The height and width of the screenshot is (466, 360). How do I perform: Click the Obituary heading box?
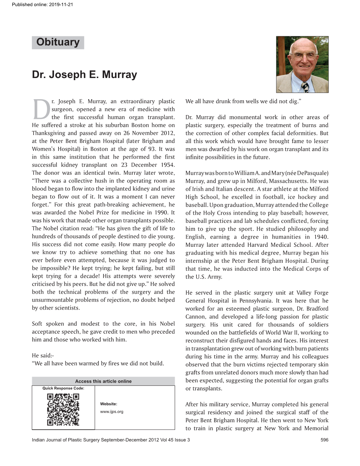pyautogui.click(x=58, y=42)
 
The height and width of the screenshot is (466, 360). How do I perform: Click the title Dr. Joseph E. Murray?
pyautogui.click(x=84, y=74)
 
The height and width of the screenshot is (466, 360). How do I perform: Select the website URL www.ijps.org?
pyautogui.click(x=112, y=412)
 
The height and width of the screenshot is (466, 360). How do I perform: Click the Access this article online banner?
pyautogui.click(x=103, y=381)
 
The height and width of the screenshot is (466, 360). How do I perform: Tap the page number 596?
pyautogui.click(x=324, y=440)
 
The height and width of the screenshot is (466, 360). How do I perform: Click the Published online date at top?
pyautogui.click(x=42, y=5)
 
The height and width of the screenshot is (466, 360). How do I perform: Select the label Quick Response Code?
pyautogui.click(x=63, y=388)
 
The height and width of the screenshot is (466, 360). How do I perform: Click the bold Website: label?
pyautogui.click(x=109, y=404)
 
